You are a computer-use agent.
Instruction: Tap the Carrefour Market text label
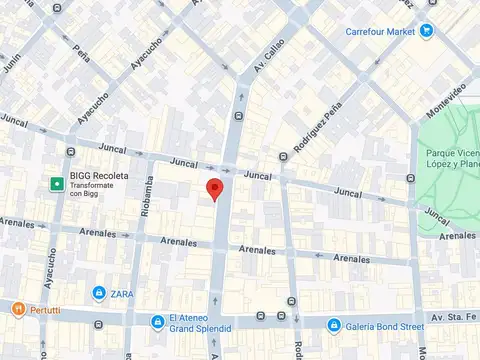pos(381,31)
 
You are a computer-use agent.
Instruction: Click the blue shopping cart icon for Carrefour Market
pos(427,31)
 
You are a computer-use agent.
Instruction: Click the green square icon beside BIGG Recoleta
pos(58,183)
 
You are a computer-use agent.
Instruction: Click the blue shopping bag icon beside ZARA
pos(99,293)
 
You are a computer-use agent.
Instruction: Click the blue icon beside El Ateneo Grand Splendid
pos(157,322)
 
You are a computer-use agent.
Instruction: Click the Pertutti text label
pos(45,310)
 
